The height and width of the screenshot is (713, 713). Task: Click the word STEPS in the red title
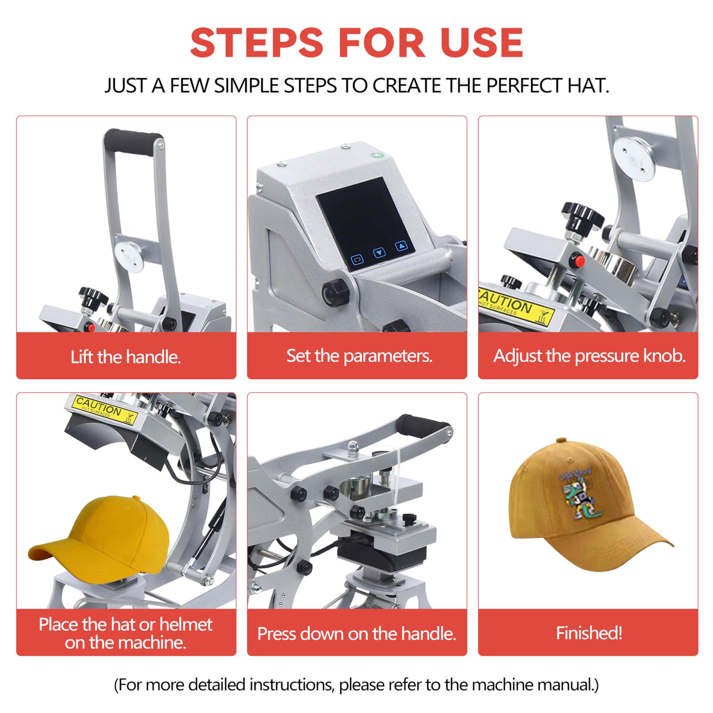(x=257, y=43)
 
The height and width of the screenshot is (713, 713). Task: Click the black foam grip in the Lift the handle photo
(x=133, y=141)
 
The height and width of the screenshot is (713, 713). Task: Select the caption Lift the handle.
(x=126, y=356)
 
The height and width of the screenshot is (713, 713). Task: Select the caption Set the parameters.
(x=359, y=356)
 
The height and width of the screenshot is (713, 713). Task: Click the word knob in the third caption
(x=664, y=356)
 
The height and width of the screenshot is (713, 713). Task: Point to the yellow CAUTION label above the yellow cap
(x=105, y=409)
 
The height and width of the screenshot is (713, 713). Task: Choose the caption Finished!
(x=588, y=633)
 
